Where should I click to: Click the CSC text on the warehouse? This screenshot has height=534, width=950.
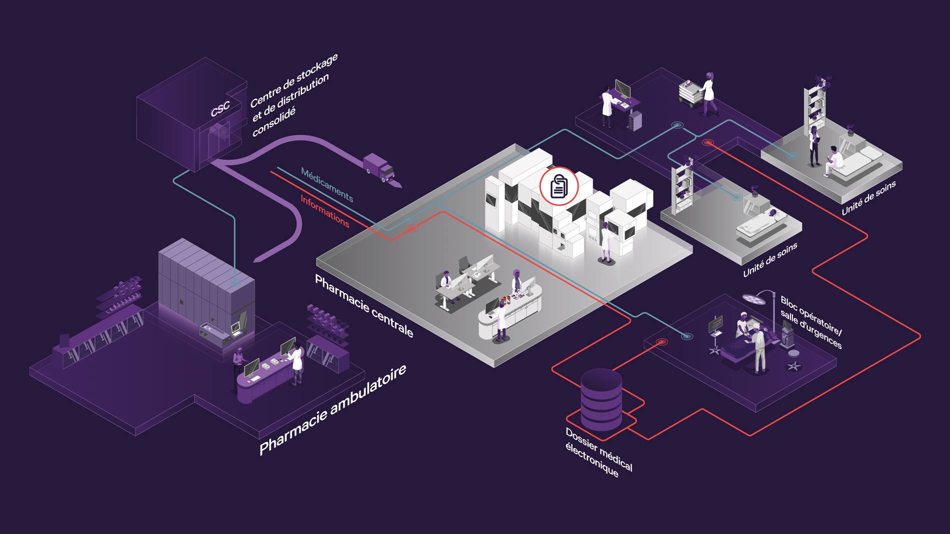(220, 109)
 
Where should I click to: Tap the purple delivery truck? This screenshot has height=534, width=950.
(378, 167)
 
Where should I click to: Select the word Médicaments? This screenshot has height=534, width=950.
(327, 185)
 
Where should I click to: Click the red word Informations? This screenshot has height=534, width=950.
(325, 211)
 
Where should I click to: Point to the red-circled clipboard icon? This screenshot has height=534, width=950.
(559, 186)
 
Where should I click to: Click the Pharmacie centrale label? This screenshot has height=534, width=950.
(363, 306)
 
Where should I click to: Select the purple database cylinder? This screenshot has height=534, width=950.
(601, 400)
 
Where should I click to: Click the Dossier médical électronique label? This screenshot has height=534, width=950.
(598, 452)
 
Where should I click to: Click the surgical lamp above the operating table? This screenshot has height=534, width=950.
(751, 298)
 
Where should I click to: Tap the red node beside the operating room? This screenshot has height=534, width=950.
(662, 342)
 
